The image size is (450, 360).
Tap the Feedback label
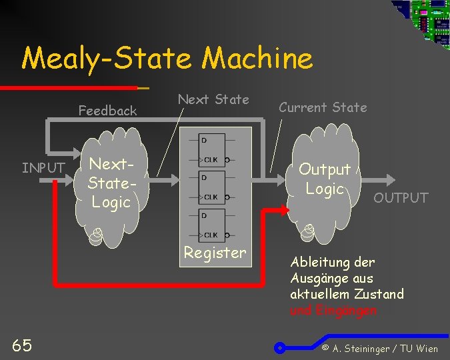107,111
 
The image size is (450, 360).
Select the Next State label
213,99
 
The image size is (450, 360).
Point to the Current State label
323,107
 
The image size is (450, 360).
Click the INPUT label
43,167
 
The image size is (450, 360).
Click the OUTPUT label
401,197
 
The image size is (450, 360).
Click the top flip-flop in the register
213,149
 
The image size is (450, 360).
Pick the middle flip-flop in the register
213,187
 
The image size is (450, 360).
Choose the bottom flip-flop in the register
213,225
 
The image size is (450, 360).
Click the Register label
215,253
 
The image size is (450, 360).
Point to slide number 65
21,345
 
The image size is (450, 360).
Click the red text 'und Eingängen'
333,310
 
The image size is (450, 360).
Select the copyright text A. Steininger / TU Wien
379,348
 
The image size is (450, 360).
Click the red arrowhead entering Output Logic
285,209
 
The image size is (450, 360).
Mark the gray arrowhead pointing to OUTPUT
389,179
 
